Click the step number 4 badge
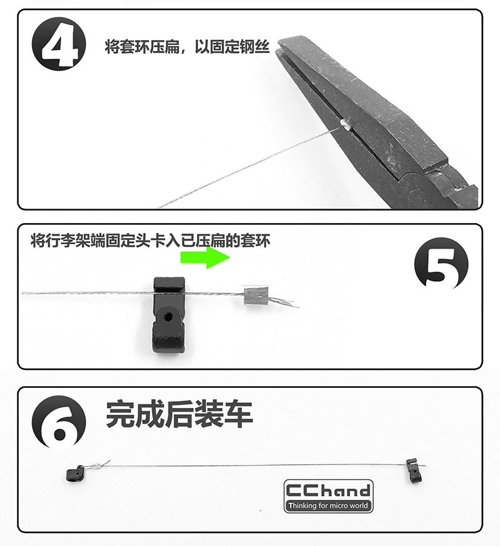pos(59,44)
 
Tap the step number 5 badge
pos(441,264)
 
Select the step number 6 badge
pos(59,423)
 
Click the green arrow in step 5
pos(205,257)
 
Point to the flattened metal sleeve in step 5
pos(256,295)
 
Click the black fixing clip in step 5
pos(169,315)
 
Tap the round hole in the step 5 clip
pos(169,317)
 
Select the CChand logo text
pos(328,490)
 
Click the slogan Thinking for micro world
pos(328,505)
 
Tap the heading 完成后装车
pos(179,414)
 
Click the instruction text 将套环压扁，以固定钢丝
pos(187,47)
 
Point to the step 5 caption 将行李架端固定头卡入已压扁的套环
pos(150,241)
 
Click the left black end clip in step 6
pos(75,474)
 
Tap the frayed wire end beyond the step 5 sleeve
pos(284,302)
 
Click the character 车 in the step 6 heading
pos(238,414)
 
